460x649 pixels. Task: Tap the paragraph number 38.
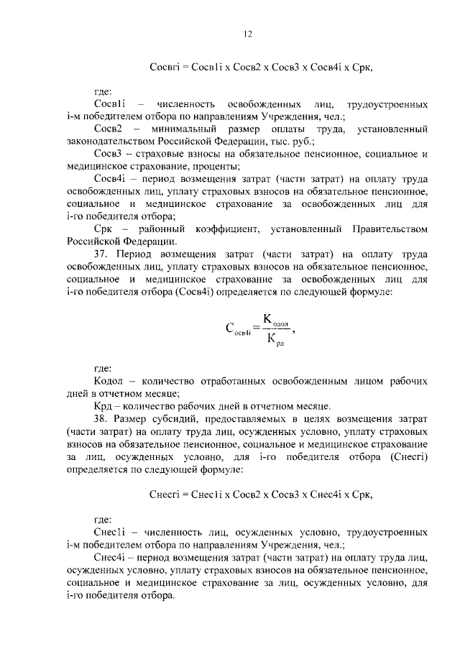tap(101, 418)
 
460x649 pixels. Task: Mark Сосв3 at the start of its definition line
tap(107, 154)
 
